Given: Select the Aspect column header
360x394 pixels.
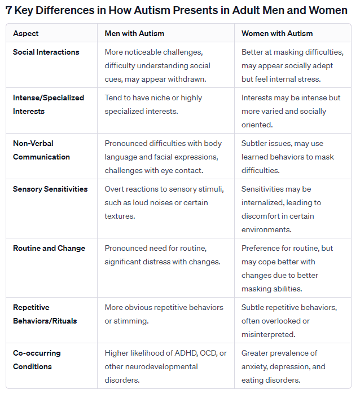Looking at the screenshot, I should click(26, 33).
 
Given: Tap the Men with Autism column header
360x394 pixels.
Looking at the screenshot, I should click(134, 33).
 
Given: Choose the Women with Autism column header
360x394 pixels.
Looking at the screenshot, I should click(277, 33).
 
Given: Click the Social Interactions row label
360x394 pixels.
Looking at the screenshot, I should click(46, 52).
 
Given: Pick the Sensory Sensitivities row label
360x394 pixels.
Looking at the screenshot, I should click(50, 189).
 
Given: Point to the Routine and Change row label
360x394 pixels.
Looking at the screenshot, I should click(49, 248).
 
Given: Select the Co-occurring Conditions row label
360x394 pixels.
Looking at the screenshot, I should click(37, 360).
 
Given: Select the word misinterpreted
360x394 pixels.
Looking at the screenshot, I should click(269, 334).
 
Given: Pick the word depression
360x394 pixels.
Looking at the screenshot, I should click(290, 366).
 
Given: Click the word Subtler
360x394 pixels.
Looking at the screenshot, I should click(254, 143).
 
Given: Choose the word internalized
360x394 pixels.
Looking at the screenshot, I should click(264, 202).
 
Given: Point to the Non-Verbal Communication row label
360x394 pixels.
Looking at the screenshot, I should click(41, 150).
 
